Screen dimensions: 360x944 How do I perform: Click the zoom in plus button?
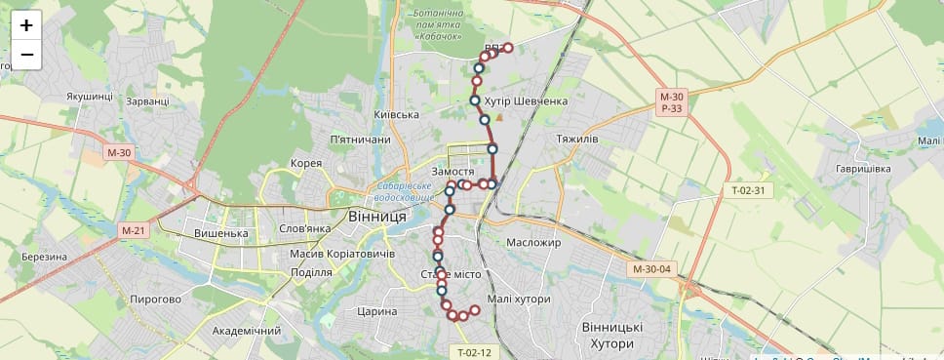click(26, 26)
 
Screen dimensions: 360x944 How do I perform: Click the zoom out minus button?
click(26, 54)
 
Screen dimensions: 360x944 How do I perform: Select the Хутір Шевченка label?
click(526, 101)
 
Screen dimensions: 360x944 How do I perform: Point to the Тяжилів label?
click(576, 140)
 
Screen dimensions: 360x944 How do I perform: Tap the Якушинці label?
click(91, 97)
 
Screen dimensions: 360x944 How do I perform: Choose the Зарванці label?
click(147, 101)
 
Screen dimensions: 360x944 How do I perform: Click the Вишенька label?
click(221, 234)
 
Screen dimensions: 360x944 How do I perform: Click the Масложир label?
click(534, 243)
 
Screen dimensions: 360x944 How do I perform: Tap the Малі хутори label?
click(519, 300)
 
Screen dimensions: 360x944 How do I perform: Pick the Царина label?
click(377, 312)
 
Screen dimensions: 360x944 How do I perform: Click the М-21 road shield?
click(133, 230)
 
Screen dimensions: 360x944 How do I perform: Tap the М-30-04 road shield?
click(652, 269)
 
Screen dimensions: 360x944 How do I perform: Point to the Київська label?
click(397, 115)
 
